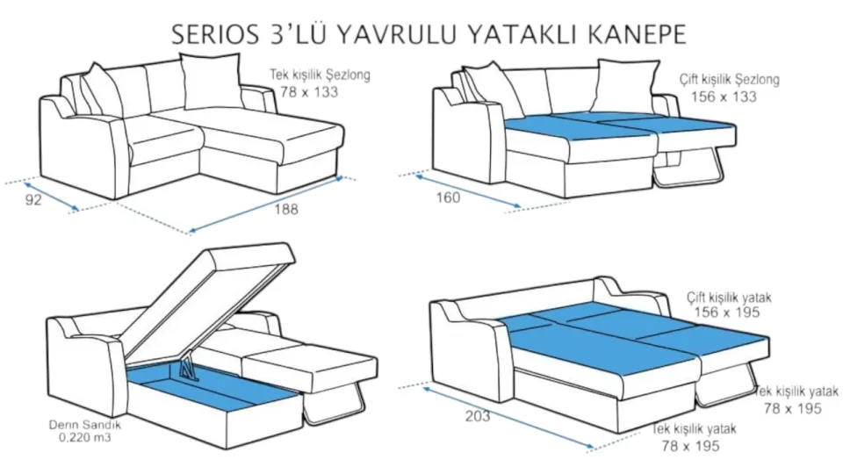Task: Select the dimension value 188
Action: [x=285, y=209]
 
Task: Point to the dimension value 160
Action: [x=448, y=197]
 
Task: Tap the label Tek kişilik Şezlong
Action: [x=320, y=76]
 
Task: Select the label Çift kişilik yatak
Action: [x=729, y=298]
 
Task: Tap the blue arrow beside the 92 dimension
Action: [x=51, y=197]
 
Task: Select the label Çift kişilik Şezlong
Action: [x=729, y=80]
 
